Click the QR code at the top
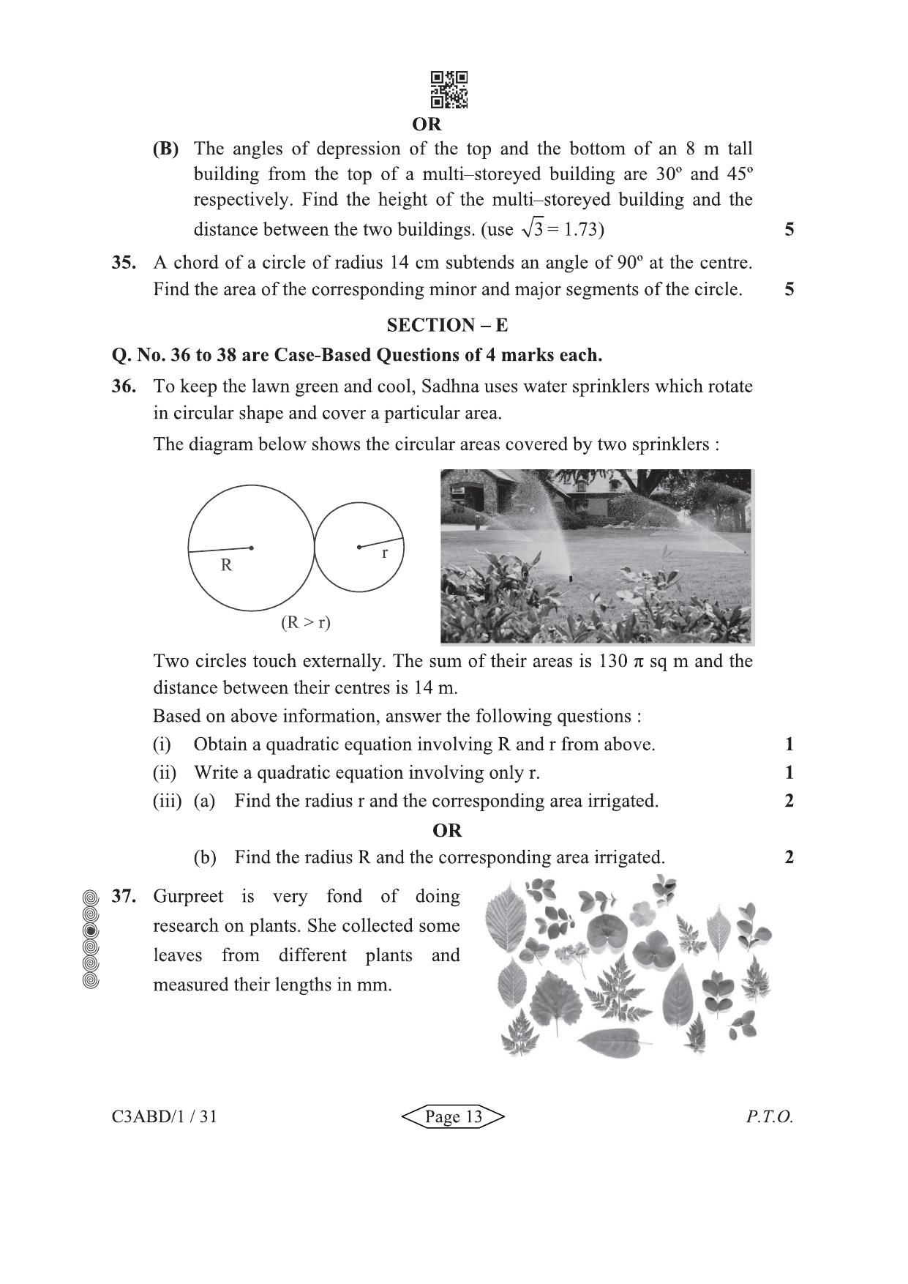tap(449, 90)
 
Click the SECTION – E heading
tap(447, 325)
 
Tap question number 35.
tap(123, 263)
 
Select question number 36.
tap(123, 387)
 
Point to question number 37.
tap(123, 896)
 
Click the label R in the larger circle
tap(226, 565)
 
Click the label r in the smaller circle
tap(385, 553)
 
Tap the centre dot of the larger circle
tap(251, 547)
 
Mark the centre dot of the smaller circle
tap(359, 547)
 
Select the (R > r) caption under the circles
tap(306, 623)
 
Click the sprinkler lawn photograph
tap(596, 556)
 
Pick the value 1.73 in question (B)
tap(581, 230)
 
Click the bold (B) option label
tap(165, 149)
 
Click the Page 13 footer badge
tap(454, 1116)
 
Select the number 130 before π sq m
tap(612, 661)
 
